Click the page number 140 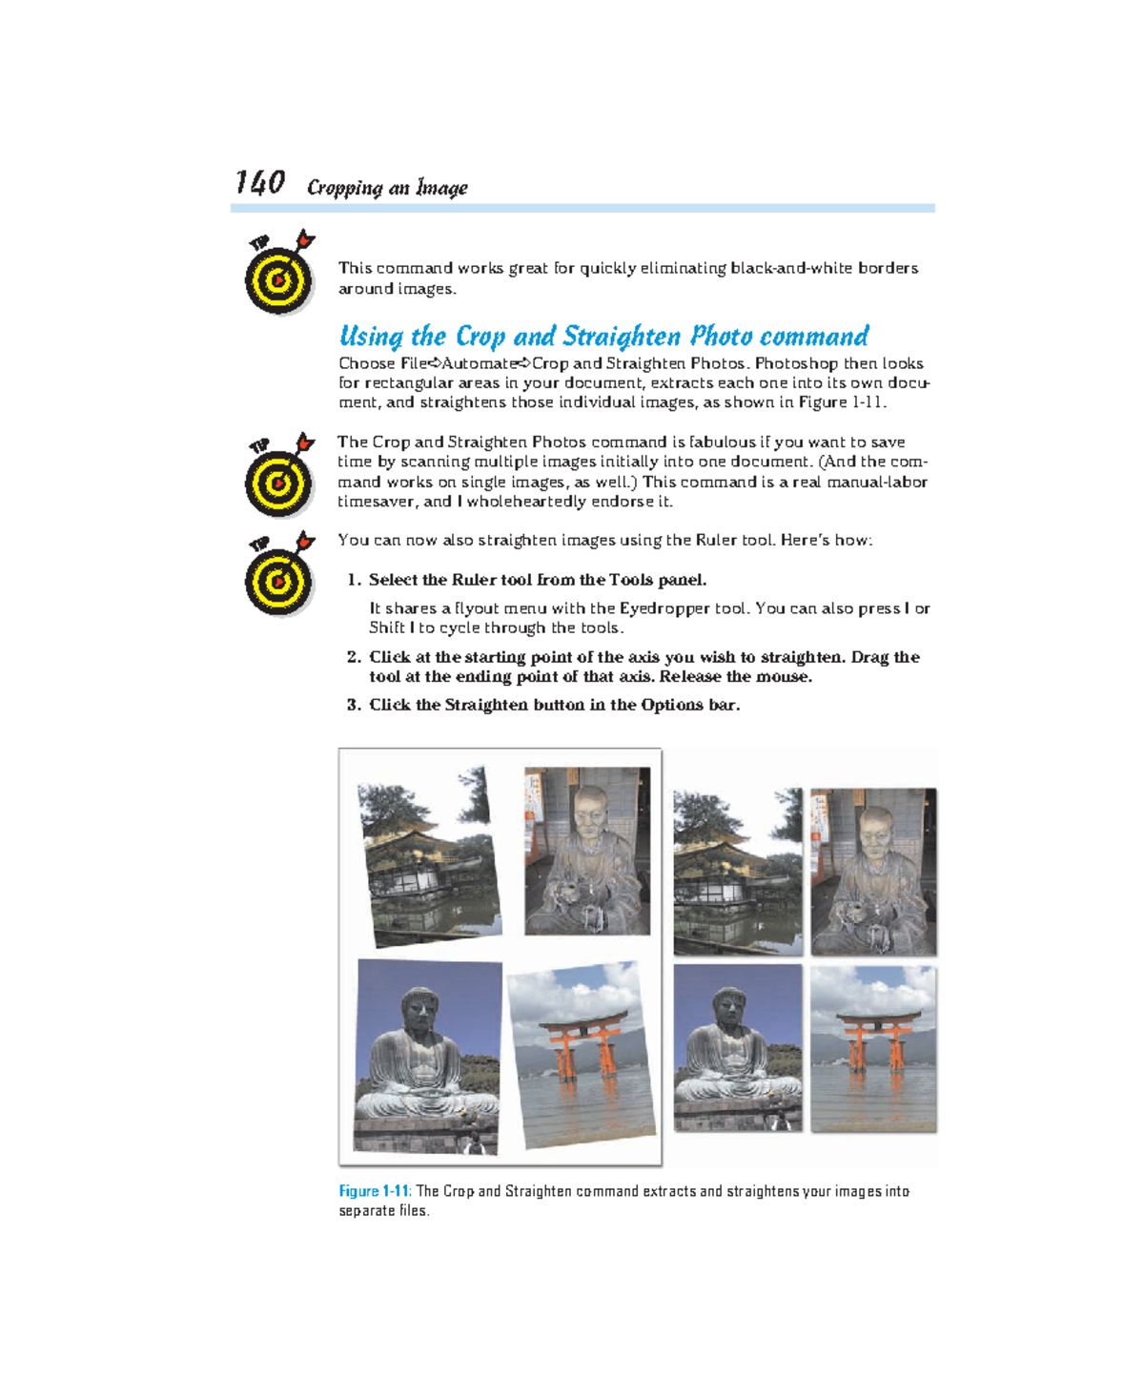pos(260,182)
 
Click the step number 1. pos(354,580)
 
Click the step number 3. pos(354,705)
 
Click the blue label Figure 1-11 pos(374,1191)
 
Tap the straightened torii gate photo pos(873,1049)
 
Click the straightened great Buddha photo pos(737,1047)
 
